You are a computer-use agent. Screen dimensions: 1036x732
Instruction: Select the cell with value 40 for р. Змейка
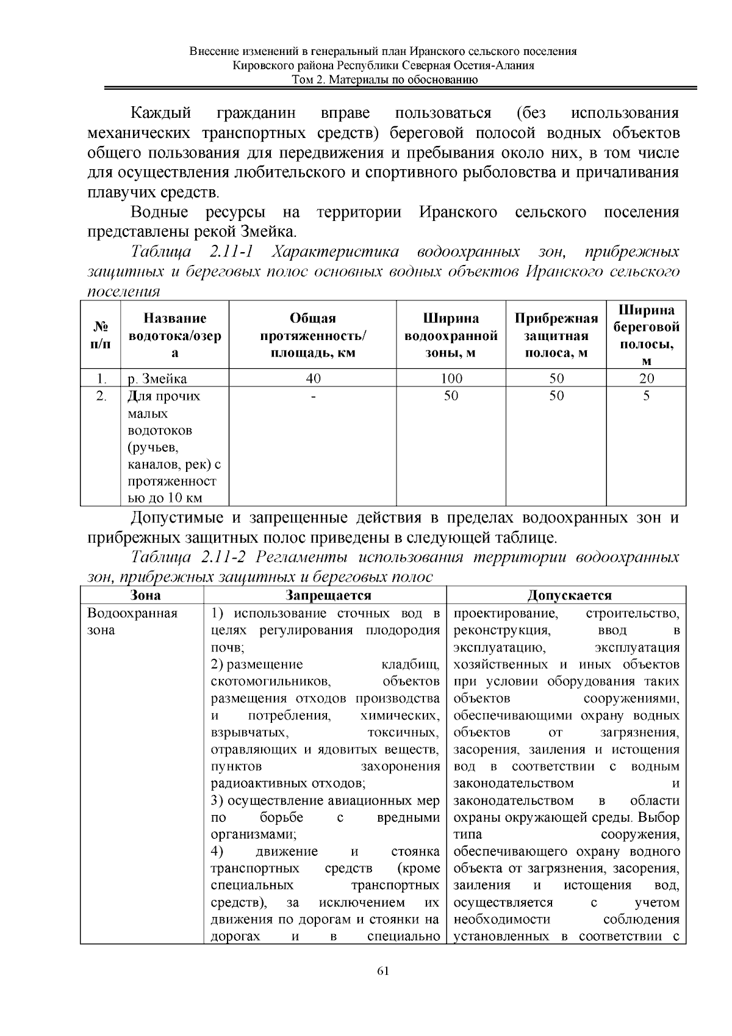(313, 379)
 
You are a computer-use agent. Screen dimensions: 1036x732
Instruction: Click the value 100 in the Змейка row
(451, 379)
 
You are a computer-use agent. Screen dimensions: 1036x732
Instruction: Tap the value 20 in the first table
(646, 379)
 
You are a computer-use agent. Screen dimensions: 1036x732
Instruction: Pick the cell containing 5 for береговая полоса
(646, 396)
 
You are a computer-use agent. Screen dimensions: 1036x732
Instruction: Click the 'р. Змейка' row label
(157, 379)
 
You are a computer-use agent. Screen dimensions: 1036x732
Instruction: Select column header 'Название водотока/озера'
(175, 335)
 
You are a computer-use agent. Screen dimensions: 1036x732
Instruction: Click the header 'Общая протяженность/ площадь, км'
(313, 335)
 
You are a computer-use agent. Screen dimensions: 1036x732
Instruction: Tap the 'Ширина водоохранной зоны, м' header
(451, 335)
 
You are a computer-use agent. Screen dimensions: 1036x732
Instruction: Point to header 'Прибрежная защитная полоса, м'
(556, 335)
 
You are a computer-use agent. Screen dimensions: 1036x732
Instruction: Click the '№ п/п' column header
(101, 335)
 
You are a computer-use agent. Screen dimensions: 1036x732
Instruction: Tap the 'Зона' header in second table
(145, 595)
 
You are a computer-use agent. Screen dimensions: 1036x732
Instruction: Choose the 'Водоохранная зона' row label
(132, 621)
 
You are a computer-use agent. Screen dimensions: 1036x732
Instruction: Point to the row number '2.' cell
(101, 396)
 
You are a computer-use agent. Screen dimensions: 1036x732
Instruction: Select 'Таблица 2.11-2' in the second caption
(190, 557)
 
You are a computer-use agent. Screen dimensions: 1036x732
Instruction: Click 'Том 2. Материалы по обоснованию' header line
(384, 79)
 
